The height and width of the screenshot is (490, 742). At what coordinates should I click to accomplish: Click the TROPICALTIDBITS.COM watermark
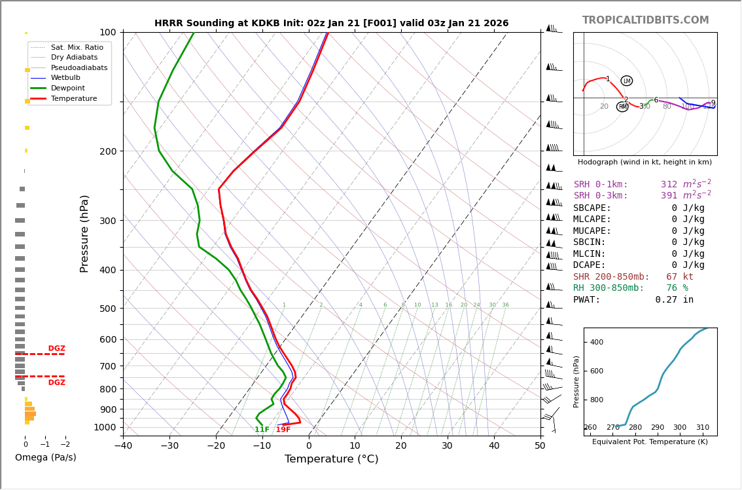tap(645, 20)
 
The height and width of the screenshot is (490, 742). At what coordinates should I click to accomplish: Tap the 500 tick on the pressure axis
tap(107, 309)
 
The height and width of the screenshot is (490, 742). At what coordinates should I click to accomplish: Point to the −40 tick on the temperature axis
tap(123, 446)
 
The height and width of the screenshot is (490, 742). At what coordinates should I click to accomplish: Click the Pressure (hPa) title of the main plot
tap(84, 233)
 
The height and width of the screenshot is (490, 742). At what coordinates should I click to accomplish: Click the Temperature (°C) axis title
tap(331, 459)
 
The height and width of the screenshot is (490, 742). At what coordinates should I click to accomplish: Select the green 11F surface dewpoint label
tap(262, 430)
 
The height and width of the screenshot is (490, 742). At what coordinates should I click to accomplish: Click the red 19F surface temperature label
tap(283, 430)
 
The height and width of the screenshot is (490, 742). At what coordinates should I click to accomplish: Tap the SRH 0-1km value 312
tap(669, 185)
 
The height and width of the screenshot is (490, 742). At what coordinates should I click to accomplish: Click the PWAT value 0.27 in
tap(674, 300)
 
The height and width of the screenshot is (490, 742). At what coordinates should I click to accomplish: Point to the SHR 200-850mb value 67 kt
tap(679, 277)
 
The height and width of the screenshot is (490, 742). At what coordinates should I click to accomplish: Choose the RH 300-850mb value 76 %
tap(677, 288)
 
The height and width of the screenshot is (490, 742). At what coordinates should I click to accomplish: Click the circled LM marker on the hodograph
tap(626, 81)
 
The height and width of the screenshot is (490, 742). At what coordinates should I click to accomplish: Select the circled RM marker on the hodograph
tap(622, 106)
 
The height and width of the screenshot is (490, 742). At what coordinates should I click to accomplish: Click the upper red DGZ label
tap(56, 349)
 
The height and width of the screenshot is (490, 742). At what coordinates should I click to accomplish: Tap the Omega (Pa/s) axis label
tap(45, 457)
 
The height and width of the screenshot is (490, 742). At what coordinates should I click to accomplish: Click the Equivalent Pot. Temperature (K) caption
tap(650, 442)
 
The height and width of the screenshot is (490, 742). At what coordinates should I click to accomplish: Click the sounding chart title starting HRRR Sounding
tap(331, 23)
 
